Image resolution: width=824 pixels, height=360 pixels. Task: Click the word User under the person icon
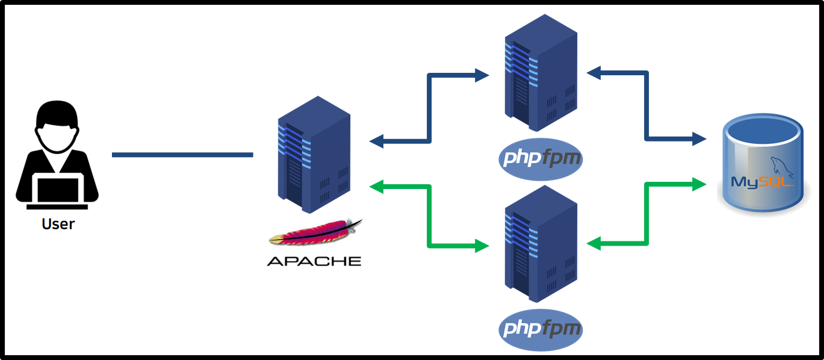coord(58,224)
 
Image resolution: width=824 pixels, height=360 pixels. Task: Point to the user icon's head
coord(57,123)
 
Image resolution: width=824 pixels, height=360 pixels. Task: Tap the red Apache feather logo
coord(316,234)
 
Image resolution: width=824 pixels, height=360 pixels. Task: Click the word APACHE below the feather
coord(314,261)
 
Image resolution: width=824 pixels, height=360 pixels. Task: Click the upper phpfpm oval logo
coord(541,159)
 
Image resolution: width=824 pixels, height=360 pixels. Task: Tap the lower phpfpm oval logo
coord(541,329)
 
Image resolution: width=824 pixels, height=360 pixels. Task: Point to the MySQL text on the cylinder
coord(760,182)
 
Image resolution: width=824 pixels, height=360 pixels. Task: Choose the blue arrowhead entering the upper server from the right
coord(593,73)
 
